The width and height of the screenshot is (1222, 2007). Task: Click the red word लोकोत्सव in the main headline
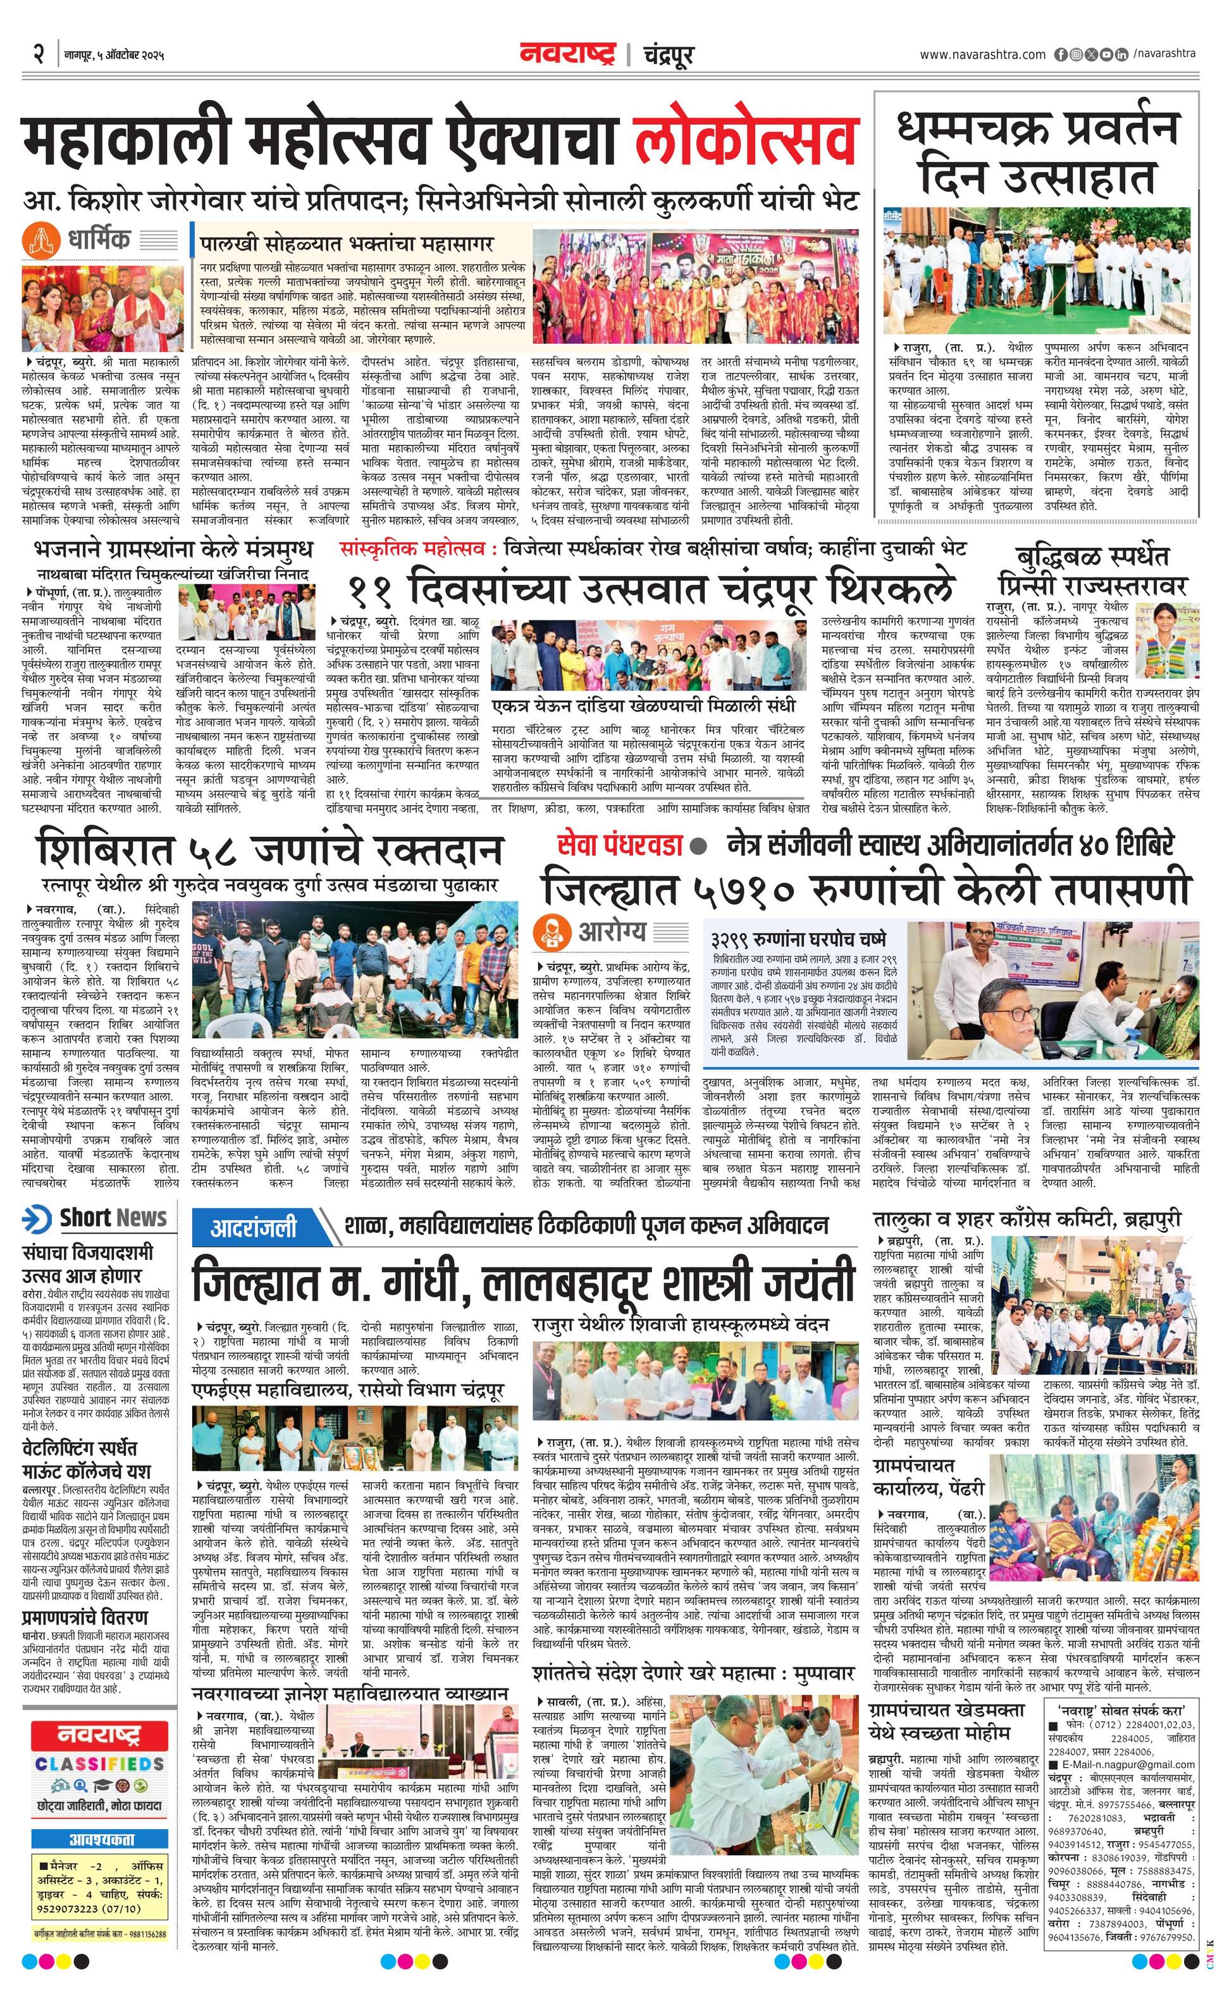click(x=746, y=147)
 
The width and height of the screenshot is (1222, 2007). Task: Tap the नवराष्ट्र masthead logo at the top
click(x=567, y=56)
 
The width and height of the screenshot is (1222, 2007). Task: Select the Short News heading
click(x=113, y=1218)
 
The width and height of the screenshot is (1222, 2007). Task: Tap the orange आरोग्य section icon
click(x=552, y=931)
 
